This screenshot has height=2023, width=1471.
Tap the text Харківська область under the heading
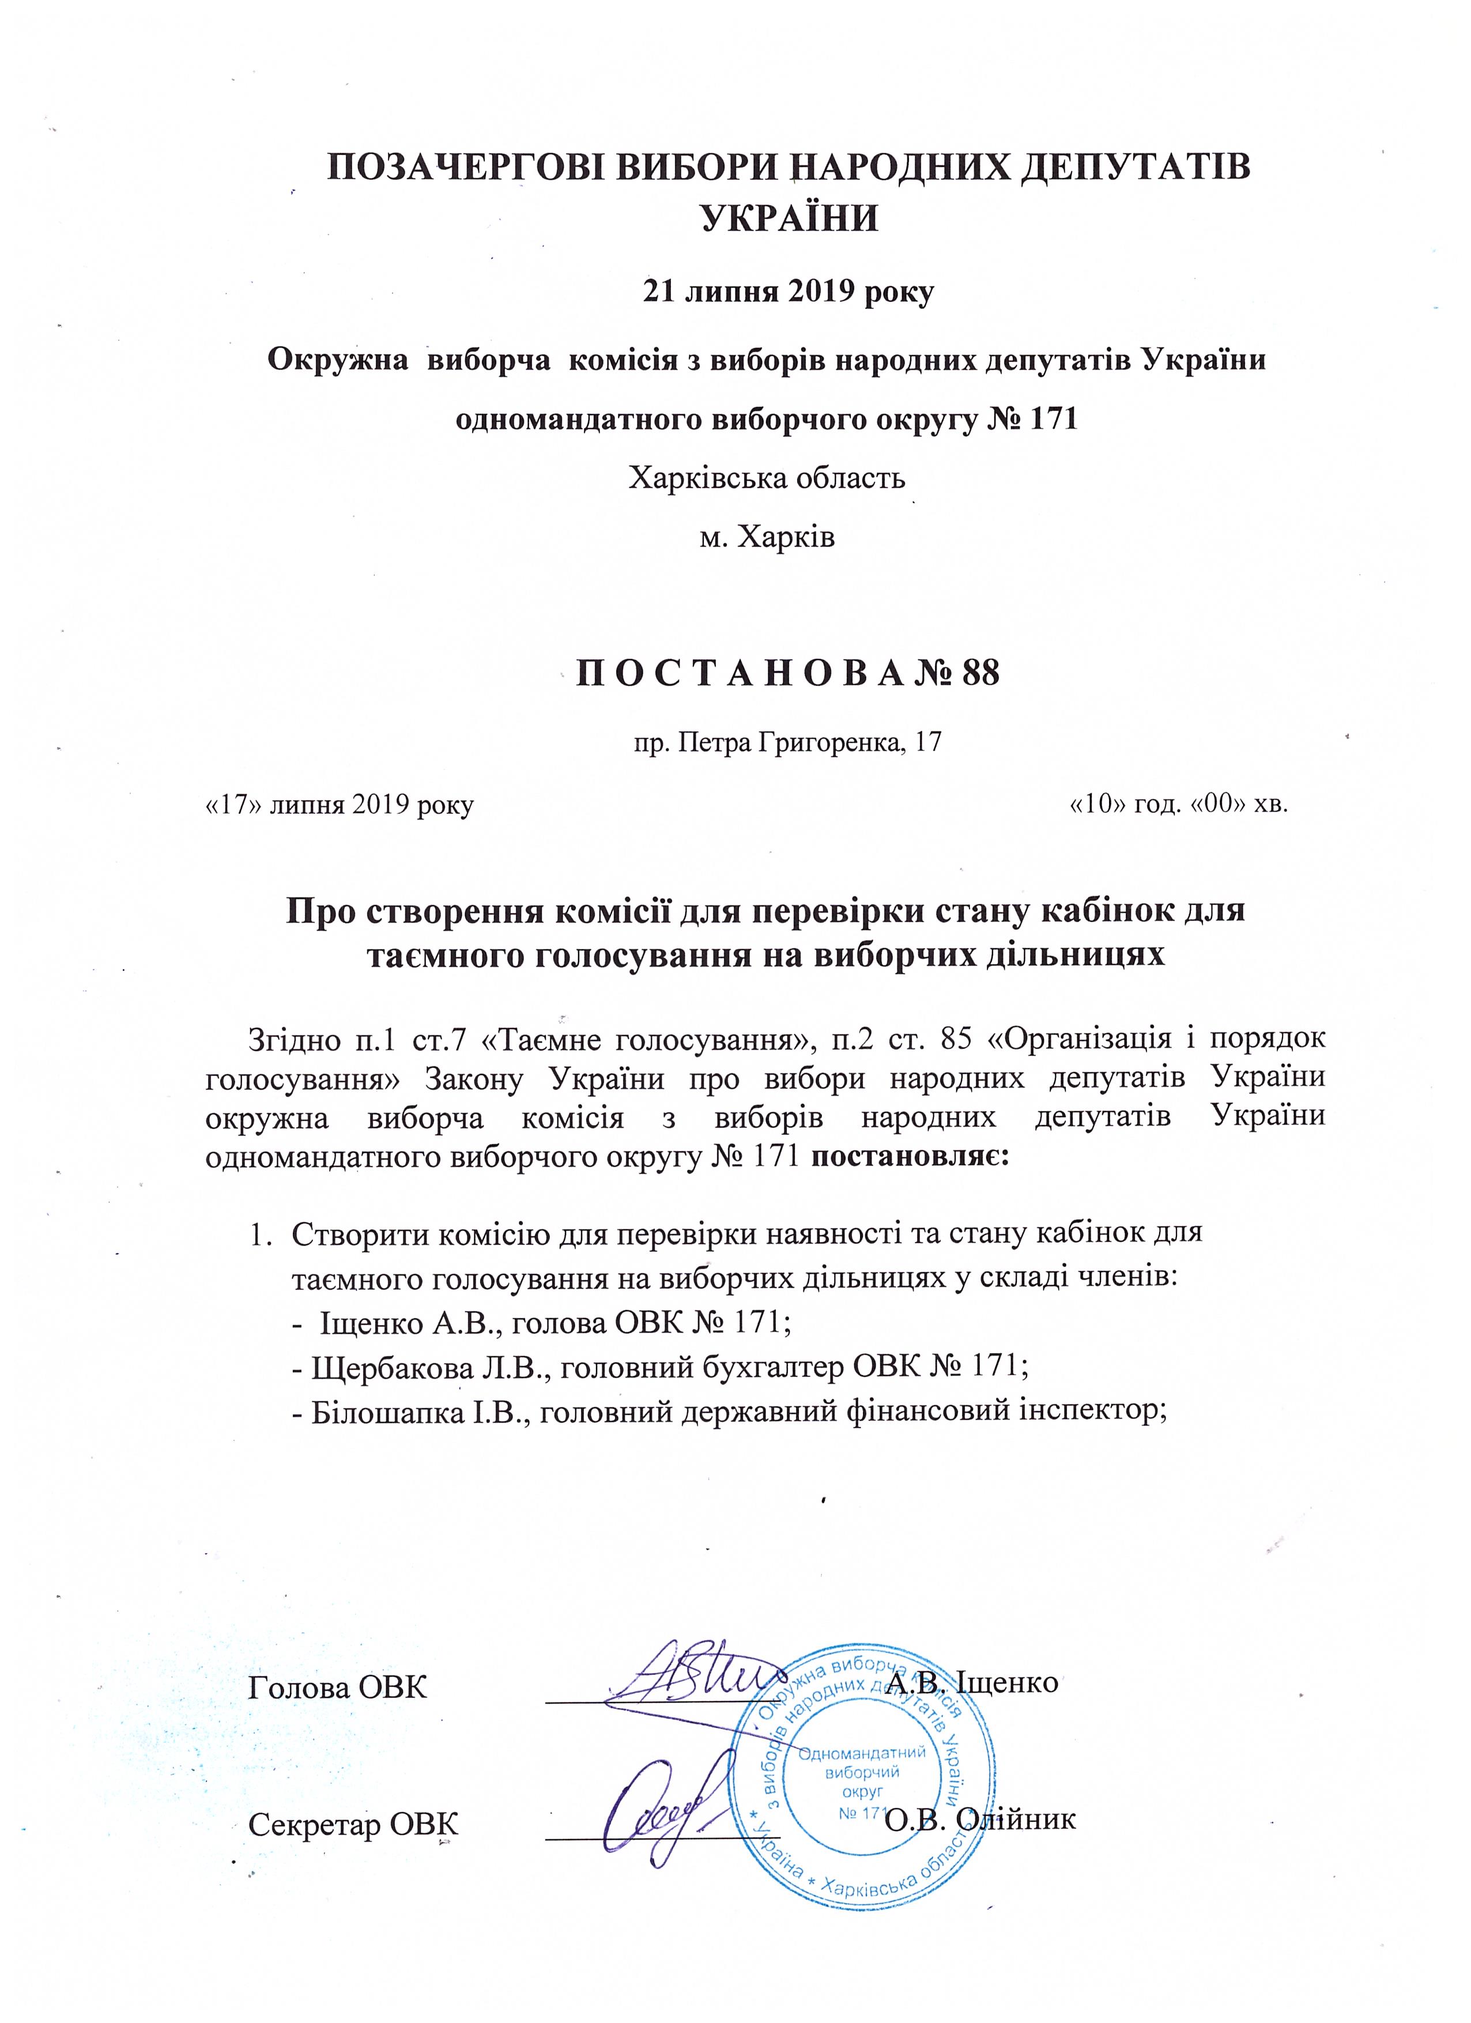point(767,478)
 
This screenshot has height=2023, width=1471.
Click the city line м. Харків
point(767,538)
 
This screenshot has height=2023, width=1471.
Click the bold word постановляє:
point(911,1157)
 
